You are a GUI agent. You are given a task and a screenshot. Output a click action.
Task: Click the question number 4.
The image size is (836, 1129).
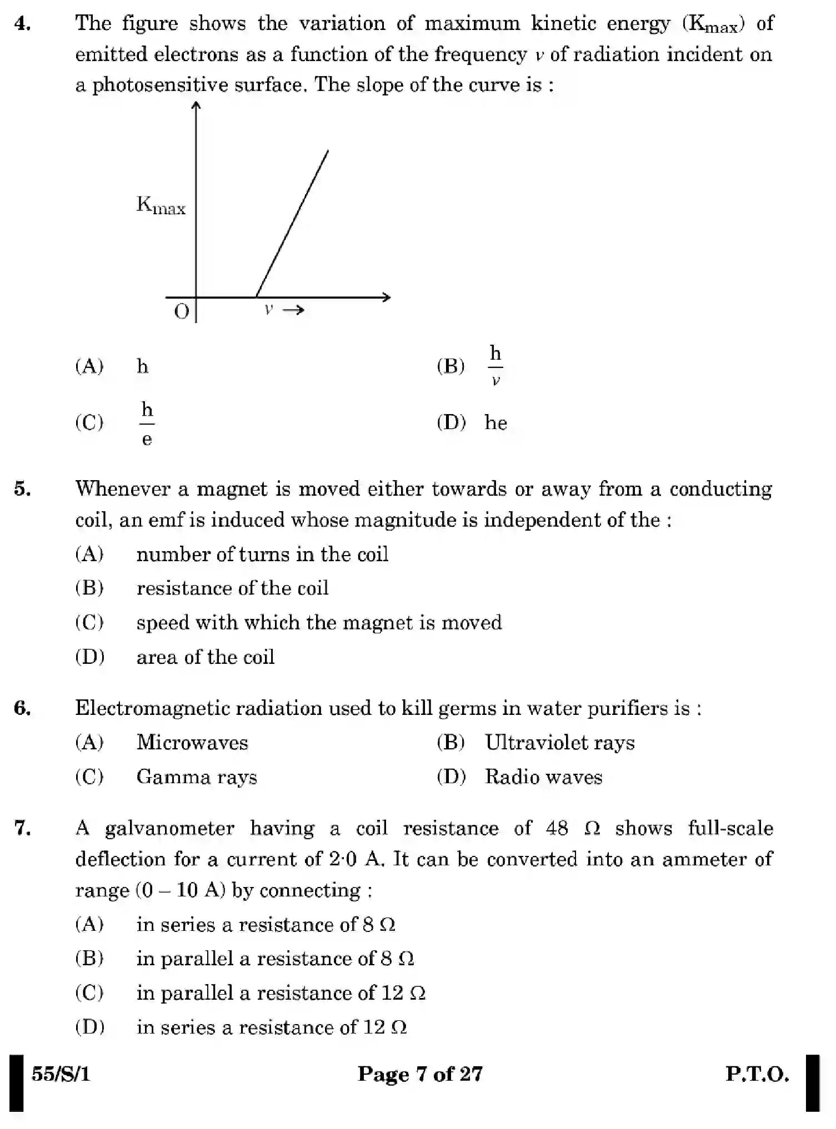[22, 24]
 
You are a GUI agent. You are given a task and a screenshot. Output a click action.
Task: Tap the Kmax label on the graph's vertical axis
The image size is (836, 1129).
[161, 206]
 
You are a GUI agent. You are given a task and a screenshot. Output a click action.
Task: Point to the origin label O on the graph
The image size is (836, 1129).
[182, 312]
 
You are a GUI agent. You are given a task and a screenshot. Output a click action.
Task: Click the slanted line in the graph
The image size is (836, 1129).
[292, 223]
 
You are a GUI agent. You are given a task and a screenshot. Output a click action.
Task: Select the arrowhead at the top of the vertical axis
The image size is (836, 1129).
[196, 105]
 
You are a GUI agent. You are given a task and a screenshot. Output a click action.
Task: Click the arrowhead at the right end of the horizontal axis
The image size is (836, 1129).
[387, 298]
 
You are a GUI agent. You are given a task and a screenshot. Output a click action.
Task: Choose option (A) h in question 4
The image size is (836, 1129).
[142, 366]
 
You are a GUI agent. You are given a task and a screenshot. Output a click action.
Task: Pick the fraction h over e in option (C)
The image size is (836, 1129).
[147, 424]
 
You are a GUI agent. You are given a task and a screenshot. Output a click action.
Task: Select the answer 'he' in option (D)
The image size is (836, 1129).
[495, 423]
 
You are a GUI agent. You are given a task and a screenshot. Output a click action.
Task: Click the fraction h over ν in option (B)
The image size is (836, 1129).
[495, 366]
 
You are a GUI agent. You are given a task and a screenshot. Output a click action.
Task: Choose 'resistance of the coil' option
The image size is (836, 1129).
[232, 588]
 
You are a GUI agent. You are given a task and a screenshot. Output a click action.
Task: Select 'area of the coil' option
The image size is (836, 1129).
[205, 657]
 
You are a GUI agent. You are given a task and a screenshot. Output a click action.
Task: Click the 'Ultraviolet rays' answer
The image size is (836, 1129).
[559, 743]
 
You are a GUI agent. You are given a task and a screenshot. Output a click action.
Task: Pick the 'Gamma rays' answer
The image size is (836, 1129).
[197, 777]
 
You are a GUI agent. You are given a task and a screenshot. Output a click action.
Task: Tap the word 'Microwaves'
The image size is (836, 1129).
[192, 743]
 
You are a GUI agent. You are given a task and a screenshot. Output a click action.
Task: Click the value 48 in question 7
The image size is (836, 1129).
[557, 829]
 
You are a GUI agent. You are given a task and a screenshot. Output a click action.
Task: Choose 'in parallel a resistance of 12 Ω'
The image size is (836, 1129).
[281, 993]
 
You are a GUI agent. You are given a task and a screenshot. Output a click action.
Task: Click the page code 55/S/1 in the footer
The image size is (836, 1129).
[61, 1074]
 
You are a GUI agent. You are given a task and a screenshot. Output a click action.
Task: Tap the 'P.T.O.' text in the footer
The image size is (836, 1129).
[757, 1074]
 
